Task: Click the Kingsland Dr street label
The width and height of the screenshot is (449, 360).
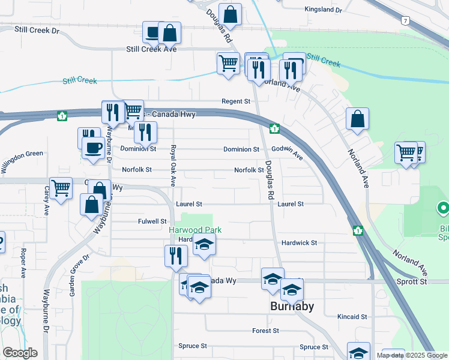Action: [323, 10]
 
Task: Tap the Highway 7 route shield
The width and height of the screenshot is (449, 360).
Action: [406, 21]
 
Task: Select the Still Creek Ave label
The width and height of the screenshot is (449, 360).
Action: [151, 50]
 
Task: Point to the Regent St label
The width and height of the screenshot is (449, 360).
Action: [236, 101]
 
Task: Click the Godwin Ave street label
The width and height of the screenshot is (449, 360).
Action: [289, 154]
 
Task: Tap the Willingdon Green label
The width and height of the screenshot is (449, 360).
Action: [22, 154]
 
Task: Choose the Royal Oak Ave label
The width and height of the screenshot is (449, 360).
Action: [173, 165]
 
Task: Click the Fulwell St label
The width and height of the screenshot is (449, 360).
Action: [152, 221]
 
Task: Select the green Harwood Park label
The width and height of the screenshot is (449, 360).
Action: [195, 230]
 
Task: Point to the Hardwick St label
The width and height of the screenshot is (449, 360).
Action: [299, 242]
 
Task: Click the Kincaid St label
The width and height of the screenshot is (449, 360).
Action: [352, 316]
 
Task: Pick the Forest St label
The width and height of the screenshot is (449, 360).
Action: [266, 331]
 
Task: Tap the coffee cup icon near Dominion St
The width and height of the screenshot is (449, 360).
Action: [93, 148]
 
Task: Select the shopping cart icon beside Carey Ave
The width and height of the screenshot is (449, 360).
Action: [61, 188]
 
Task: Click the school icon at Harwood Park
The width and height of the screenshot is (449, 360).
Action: [205, 245]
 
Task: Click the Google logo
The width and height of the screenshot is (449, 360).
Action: [20, 353]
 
